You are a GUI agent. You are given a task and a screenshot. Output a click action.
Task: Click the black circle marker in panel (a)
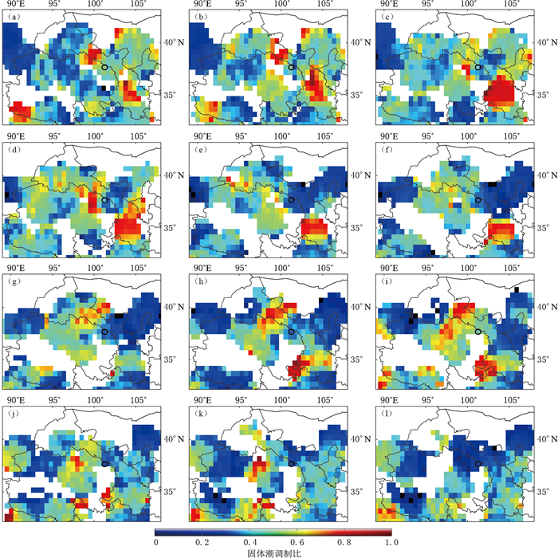(x=104, y=69)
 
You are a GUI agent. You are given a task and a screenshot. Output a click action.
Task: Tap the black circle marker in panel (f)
(x=477, y=200)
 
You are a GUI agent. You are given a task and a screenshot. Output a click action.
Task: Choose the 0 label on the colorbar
(x=156, y=542)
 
